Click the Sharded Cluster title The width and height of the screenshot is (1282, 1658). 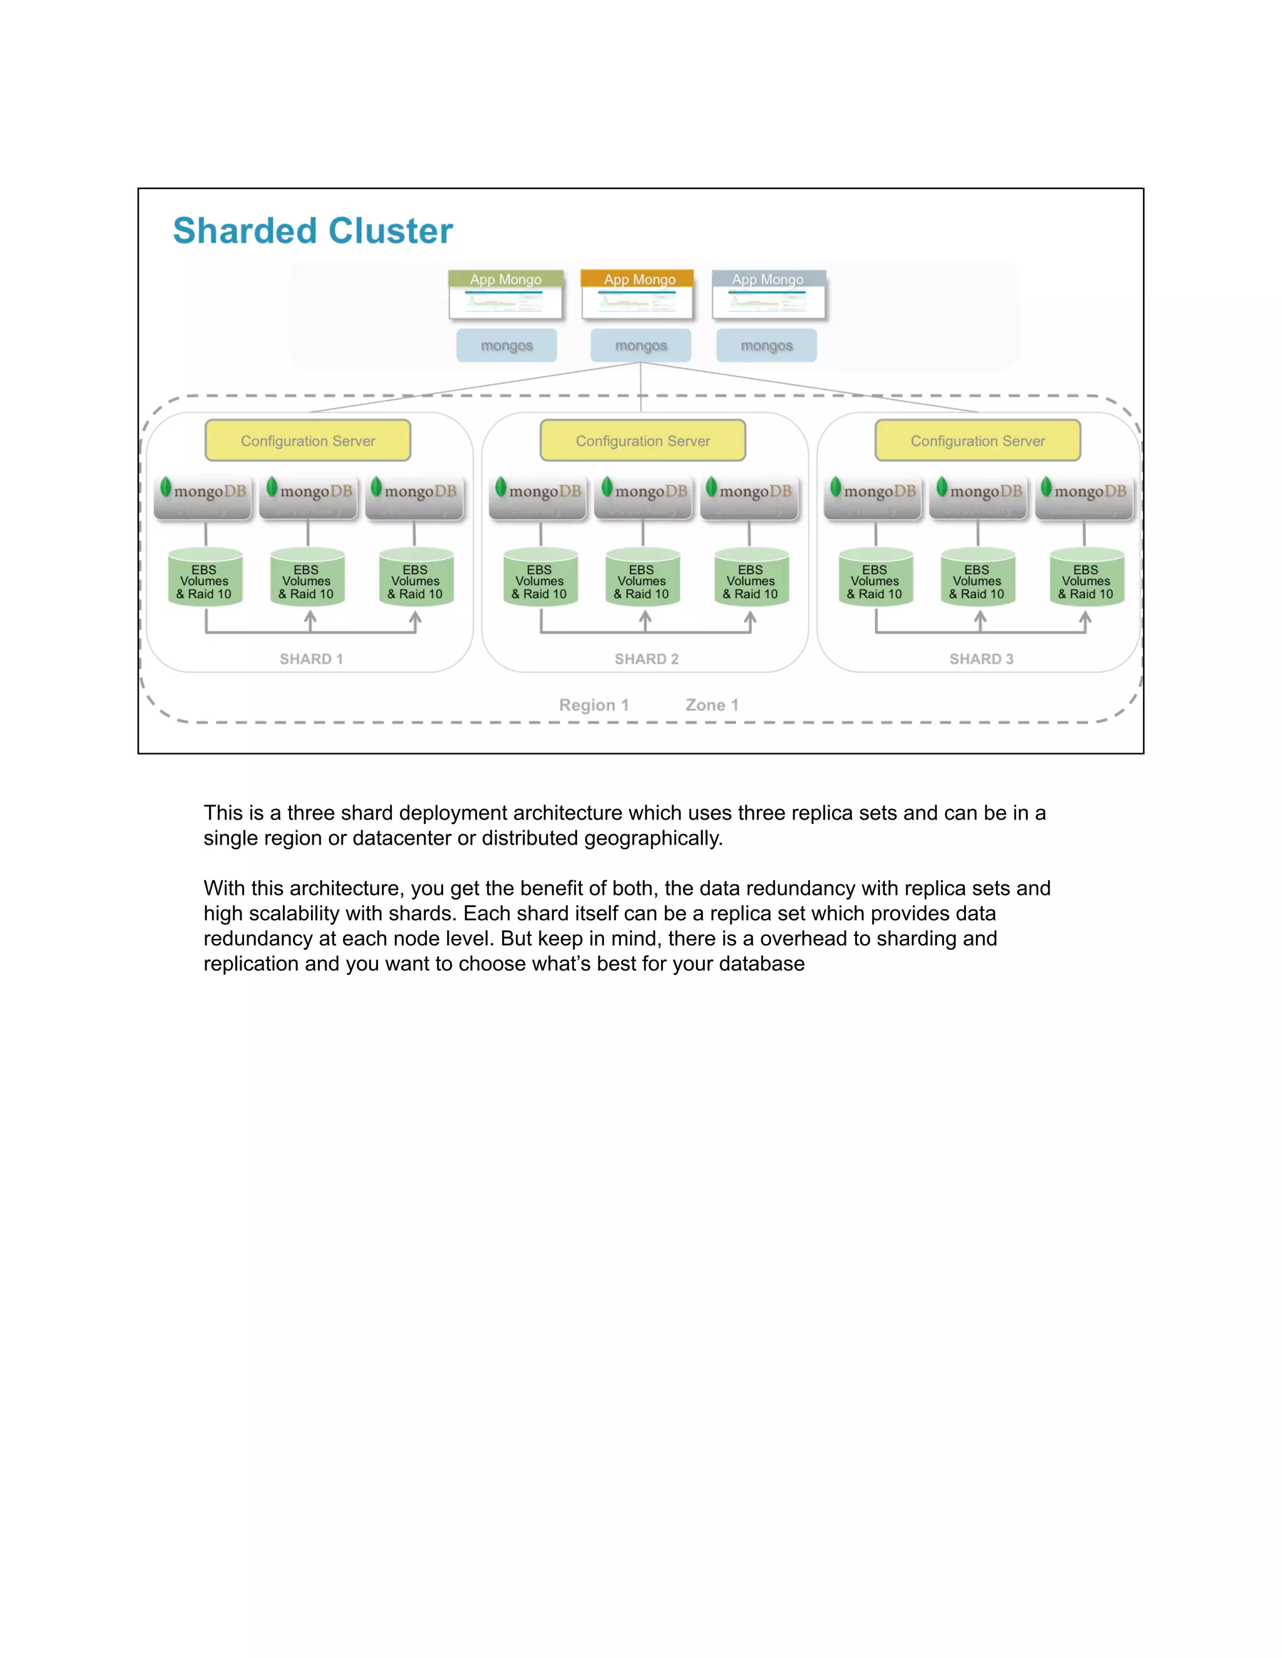tap(312, 231)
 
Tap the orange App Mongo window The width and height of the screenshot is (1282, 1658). tap(638, 295)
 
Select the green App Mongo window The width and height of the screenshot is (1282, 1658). tap(505, 295)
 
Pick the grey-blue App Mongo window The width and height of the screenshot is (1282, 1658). tap(769, 295)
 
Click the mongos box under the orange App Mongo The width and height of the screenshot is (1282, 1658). tap(640, 345)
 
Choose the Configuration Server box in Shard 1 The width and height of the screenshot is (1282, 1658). tap(307, 440)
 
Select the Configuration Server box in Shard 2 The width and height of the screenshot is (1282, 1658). tap(642, 440)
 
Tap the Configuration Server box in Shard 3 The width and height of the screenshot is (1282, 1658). tap(977, 440)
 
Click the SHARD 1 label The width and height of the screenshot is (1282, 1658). tap(310, 659)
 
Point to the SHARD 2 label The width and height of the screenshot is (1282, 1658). tap(646, 659)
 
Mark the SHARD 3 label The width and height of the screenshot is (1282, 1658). tap(982, 659)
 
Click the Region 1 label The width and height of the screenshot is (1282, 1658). tap(594, 705)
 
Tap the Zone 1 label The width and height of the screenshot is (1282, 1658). tap(712, 705)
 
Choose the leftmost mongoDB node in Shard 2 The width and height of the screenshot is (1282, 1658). tap(538, 497)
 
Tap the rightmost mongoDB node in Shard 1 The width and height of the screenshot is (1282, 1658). tap(414, 497)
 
